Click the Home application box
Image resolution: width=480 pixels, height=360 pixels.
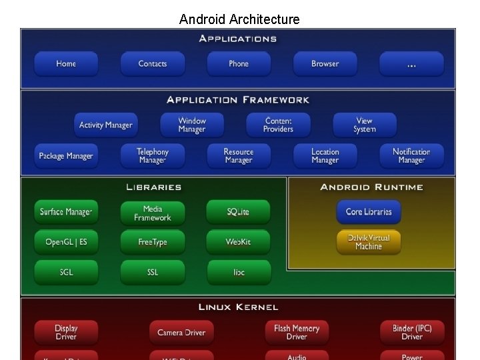(66, 64)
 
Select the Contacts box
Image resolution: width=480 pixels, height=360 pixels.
(153, 64)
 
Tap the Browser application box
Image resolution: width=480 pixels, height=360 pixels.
(325, 64)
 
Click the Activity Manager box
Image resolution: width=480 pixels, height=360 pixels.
(105, 125)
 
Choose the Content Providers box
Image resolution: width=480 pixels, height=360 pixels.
(278, 125)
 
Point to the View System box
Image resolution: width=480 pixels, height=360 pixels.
(365, 125)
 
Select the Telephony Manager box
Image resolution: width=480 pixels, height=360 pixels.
(153, 156)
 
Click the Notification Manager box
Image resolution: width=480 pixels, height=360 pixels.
(411, 156)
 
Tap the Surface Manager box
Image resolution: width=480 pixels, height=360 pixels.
(66, 212)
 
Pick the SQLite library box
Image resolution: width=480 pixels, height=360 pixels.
(239, 212)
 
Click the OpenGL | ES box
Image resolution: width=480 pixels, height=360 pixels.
(66, 242)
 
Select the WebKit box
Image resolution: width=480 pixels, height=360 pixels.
(239, 242)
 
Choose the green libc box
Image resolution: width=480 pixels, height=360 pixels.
(239, 272)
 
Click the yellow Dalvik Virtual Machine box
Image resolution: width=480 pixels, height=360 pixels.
(369, 242)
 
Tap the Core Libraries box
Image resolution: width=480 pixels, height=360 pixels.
(369, 212)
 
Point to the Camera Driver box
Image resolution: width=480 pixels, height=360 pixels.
(181, 332)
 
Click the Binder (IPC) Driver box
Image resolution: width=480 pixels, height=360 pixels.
(412, 332)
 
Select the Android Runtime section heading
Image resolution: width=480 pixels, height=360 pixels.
(371, 187)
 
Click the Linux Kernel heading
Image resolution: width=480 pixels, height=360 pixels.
(238, 307)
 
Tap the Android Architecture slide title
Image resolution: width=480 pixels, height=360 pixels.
(239, 19)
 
